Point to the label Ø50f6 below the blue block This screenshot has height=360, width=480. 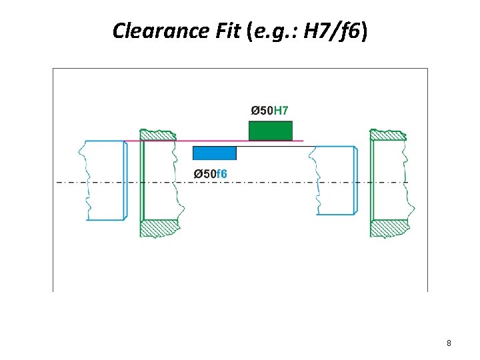[x=210, y=174]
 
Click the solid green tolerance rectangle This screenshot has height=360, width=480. [x=270, y=131]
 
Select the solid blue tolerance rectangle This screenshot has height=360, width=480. [x=214, y=153]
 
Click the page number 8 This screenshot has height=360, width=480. [x=449, y=343]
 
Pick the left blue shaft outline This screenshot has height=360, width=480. [x=105, y=180]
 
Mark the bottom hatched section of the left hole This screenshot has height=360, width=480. [x=159, y=228]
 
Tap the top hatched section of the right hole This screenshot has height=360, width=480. [x=389, y=135]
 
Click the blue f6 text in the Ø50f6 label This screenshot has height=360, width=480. [x=221, y=174]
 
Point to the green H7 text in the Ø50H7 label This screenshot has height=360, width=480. [x=281, y=110]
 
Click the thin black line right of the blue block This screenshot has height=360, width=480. [x=273, y=147]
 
